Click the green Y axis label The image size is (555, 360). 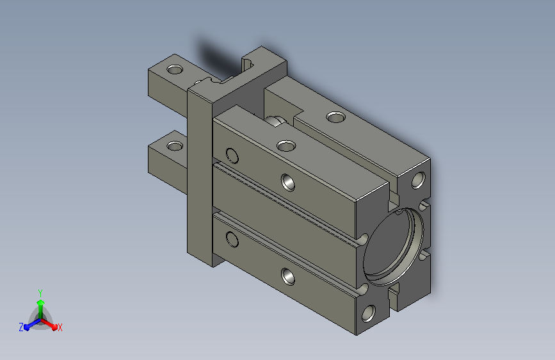[x=40, y=293]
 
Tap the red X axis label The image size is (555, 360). [x=60, y=327]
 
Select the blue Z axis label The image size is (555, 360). [x=21, y=327]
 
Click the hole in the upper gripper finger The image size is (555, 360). [x=175, y=69]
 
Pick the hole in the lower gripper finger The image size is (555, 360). [x=175, y=145]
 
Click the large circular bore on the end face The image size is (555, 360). [x=393, y=247]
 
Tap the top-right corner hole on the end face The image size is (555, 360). [x=419, y=180]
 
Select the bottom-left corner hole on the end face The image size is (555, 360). [x=369, y=314]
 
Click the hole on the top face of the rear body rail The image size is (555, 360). [x=336, y=117]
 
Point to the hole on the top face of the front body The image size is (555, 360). [x=286, y=145]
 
